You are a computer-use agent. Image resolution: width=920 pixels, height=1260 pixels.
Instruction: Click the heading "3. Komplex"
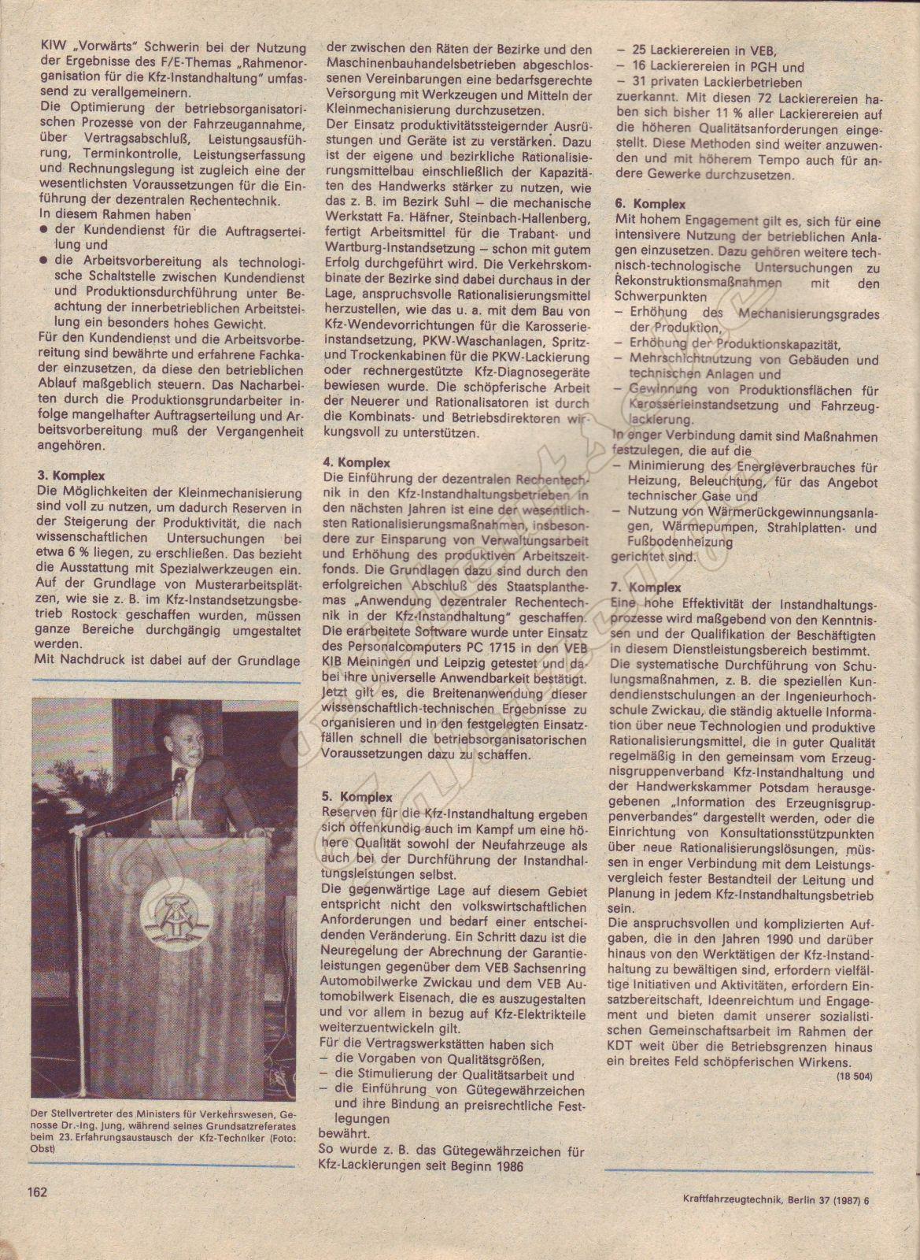71,476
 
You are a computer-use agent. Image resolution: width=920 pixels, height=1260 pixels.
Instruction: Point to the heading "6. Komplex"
650,204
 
